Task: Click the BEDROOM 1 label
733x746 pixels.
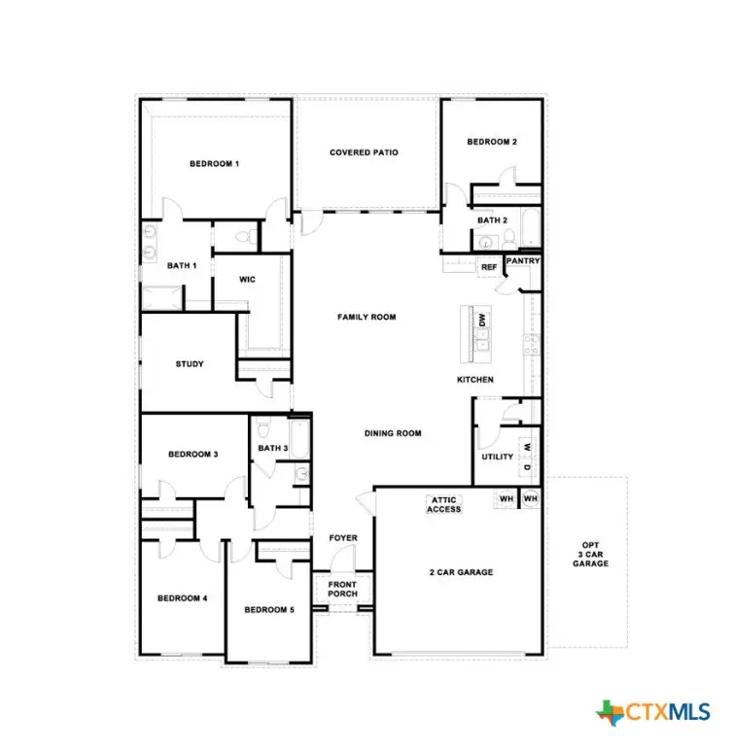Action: click(x=214, y=164)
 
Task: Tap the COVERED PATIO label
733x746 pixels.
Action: click(x=364, y=153)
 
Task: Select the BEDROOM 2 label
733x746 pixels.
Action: click(x=491, y=142)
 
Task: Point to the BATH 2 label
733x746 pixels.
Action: click(x=492, y=220)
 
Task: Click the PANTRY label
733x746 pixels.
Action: click(x=522, y=261)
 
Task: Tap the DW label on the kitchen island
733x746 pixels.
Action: click(x=481, y=319)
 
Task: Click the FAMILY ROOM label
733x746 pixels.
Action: click(x=366, y=317)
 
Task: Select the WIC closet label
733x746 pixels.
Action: click(x=248, y=280)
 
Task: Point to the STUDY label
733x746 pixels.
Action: click(x=190, y=364)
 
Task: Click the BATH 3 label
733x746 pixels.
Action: click(x=272, y=448)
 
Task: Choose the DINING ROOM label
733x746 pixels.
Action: click(x=393, y=433)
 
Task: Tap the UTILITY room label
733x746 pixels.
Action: click(x=497, y=458)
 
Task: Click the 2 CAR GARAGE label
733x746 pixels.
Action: click(x=461, y=572)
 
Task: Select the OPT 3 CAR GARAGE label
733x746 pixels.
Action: click(x=590, y=555)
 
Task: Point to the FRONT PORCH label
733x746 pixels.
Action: click(x=341, y=590)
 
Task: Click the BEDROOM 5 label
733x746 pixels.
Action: click(x=267, y=610)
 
